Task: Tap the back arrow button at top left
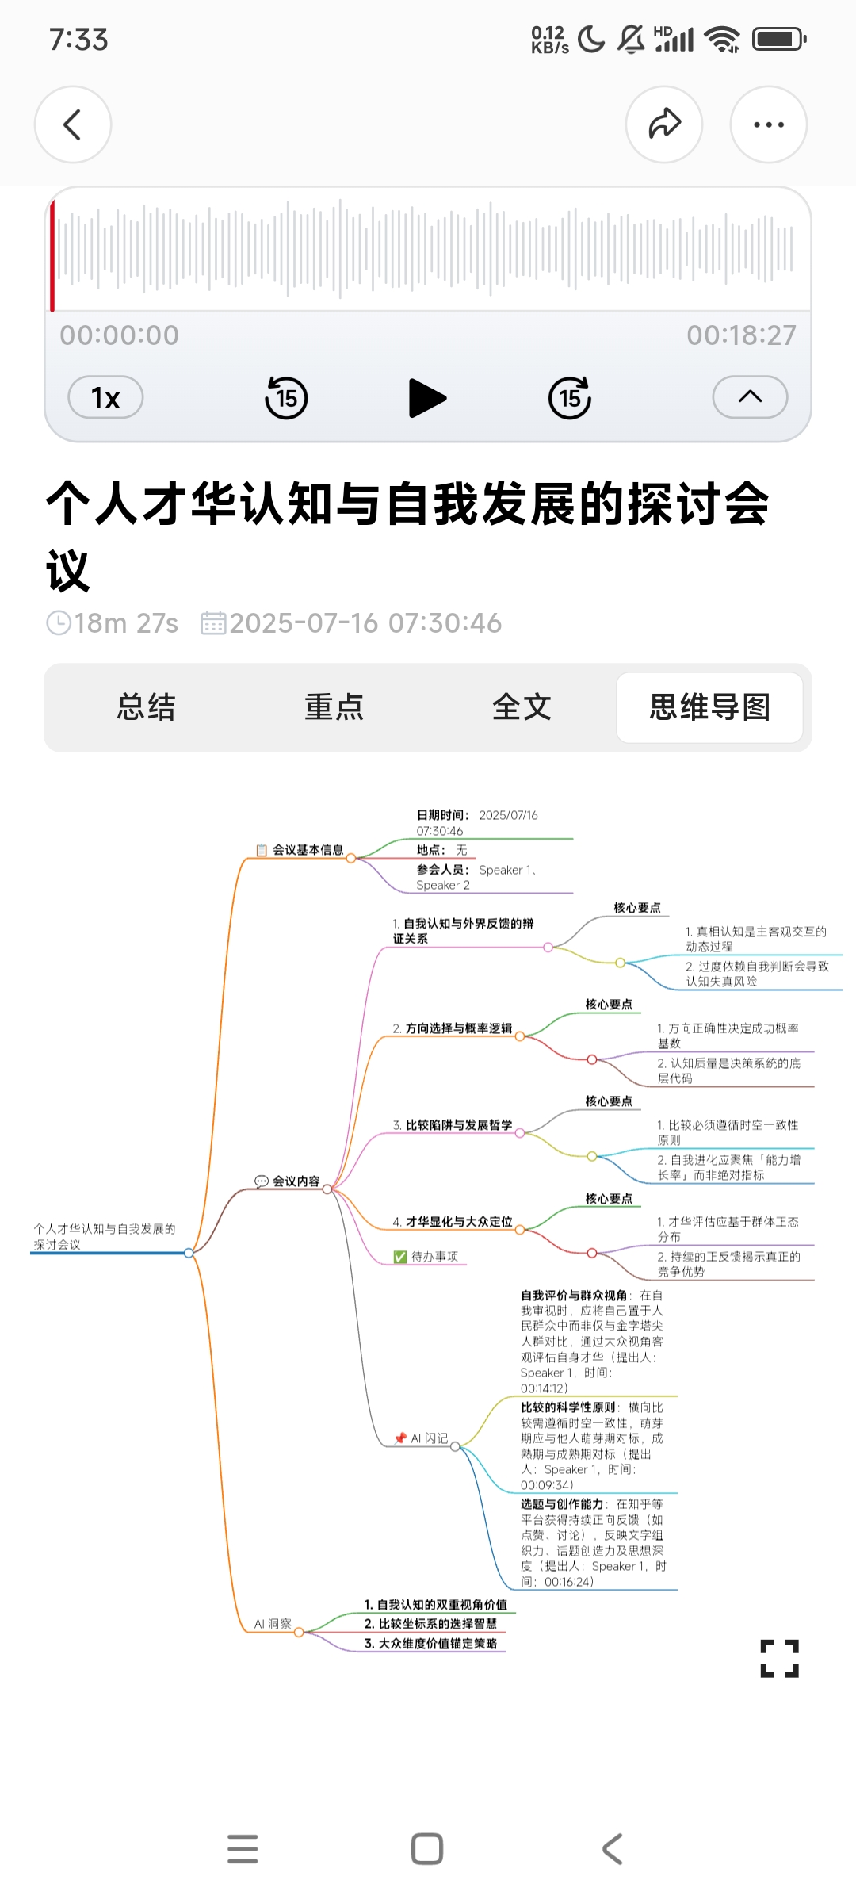pos(73,124)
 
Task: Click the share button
pos(664,124)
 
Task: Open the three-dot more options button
pos(768,124)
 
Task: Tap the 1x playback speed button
pos(105,397)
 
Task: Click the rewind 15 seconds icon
pos(286,397)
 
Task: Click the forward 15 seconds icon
pos(570,397)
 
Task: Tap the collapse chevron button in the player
pos(750,397)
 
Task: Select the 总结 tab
pos(146,707)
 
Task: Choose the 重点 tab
pos(334,707)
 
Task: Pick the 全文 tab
pos(522,707)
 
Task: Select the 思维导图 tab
pos(709,707)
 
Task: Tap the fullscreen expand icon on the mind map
pos(779,1658)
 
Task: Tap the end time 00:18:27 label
pos(741,335)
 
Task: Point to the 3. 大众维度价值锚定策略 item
pos(430,1644)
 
